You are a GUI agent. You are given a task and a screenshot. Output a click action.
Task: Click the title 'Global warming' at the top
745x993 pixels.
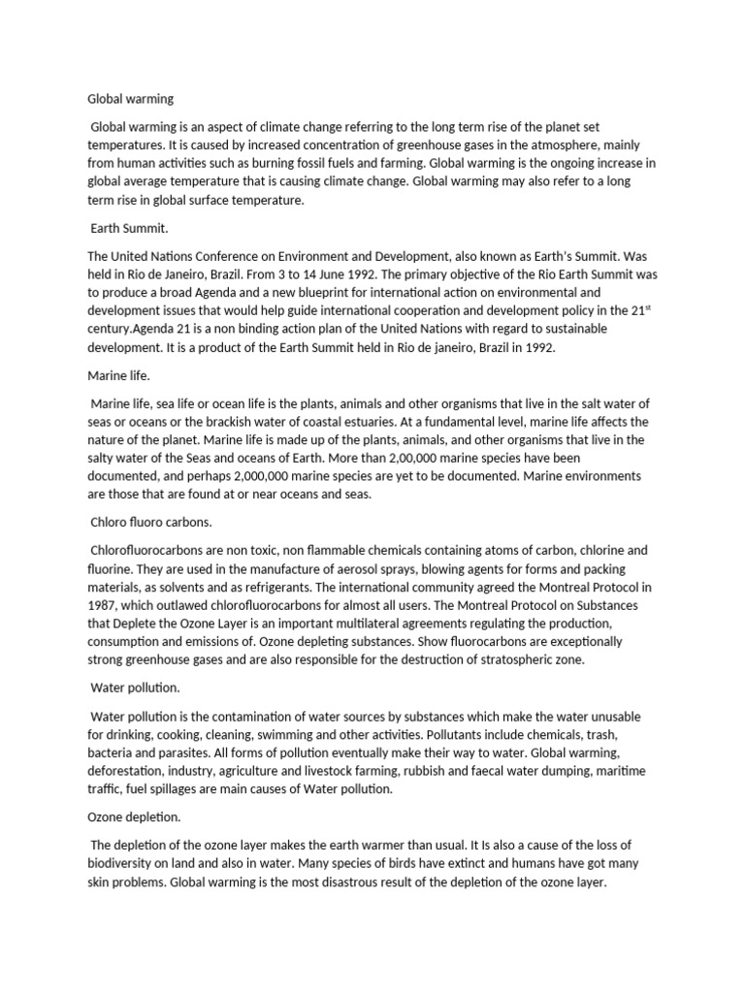(x=130, y=98)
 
